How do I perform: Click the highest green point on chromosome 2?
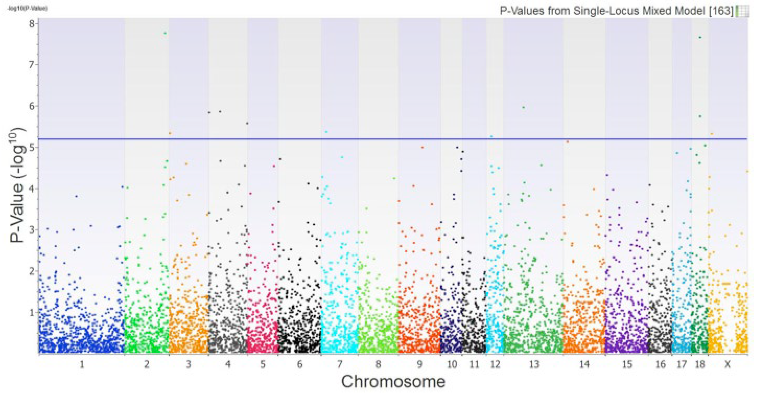tap(165, 33)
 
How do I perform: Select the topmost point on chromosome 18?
tap(700, 37)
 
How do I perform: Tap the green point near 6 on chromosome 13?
tap(523, 107)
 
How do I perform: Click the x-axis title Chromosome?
tap(393, 382)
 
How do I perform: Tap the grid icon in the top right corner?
tap(742, 11)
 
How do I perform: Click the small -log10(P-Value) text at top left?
tap(27, 9)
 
